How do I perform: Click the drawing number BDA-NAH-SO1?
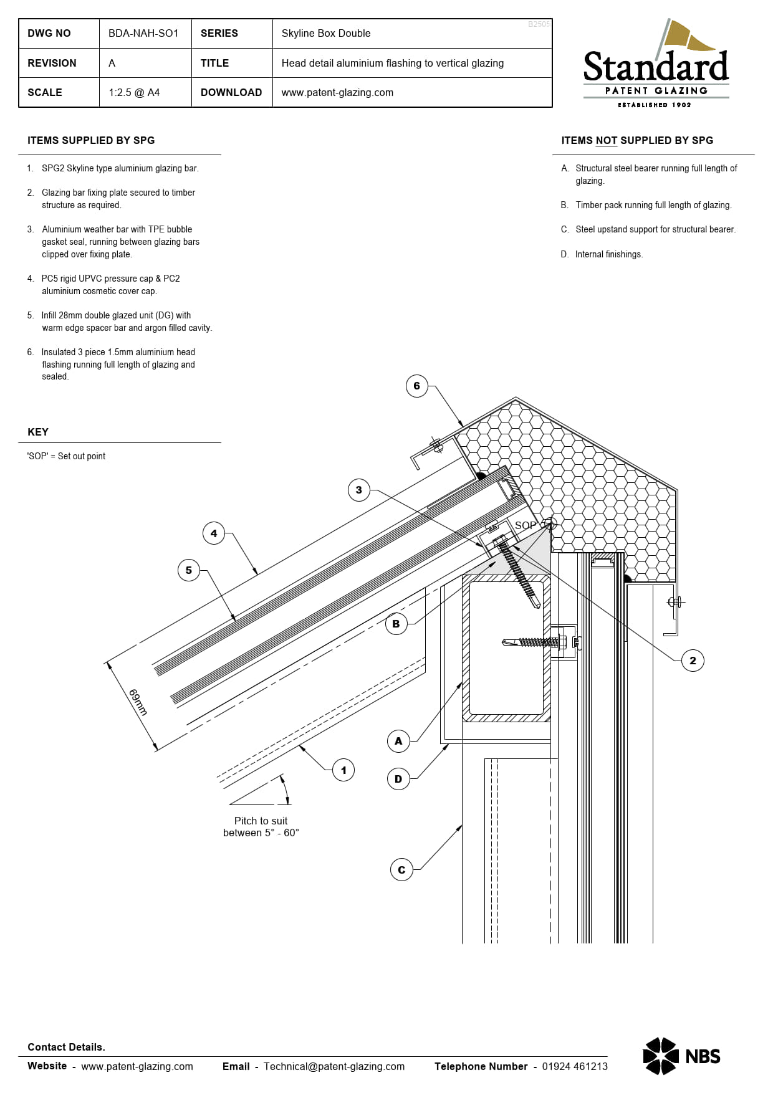click(x=143, y=33)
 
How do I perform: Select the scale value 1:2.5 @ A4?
click(x=134, y=92)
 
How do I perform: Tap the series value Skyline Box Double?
click(x=325, y=33)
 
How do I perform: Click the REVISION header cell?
click(x=52, y=63)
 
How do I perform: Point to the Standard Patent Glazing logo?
click(x=656, y=65)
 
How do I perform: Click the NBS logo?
click(x=681, y=1056)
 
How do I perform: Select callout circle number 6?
click(x=416, y=386)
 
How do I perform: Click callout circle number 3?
click(x=358, y=490)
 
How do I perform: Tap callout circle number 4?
click(x=214, y=533)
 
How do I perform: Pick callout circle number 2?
click(x=693, y=661)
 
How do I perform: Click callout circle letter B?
click(x=396, y=624)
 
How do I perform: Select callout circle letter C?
click(x=401, y=870)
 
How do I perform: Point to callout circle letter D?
click(x=398, y=779)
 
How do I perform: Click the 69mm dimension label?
click(x=138, y=702)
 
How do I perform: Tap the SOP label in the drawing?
click(x=525, y=525)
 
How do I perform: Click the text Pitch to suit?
click(x=261, y=821)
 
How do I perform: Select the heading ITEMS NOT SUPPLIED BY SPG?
click(x=636, y=140)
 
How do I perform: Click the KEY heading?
click(x=38, y=432)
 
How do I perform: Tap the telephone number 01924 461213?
click(x=574, y=1066)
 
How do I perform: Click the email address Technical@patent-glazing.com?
click(x=334, y=1066)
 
